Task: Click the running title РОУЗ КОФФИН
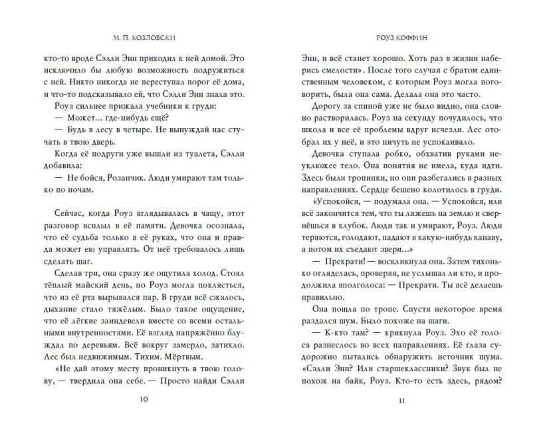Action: [x=395, y=37]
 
